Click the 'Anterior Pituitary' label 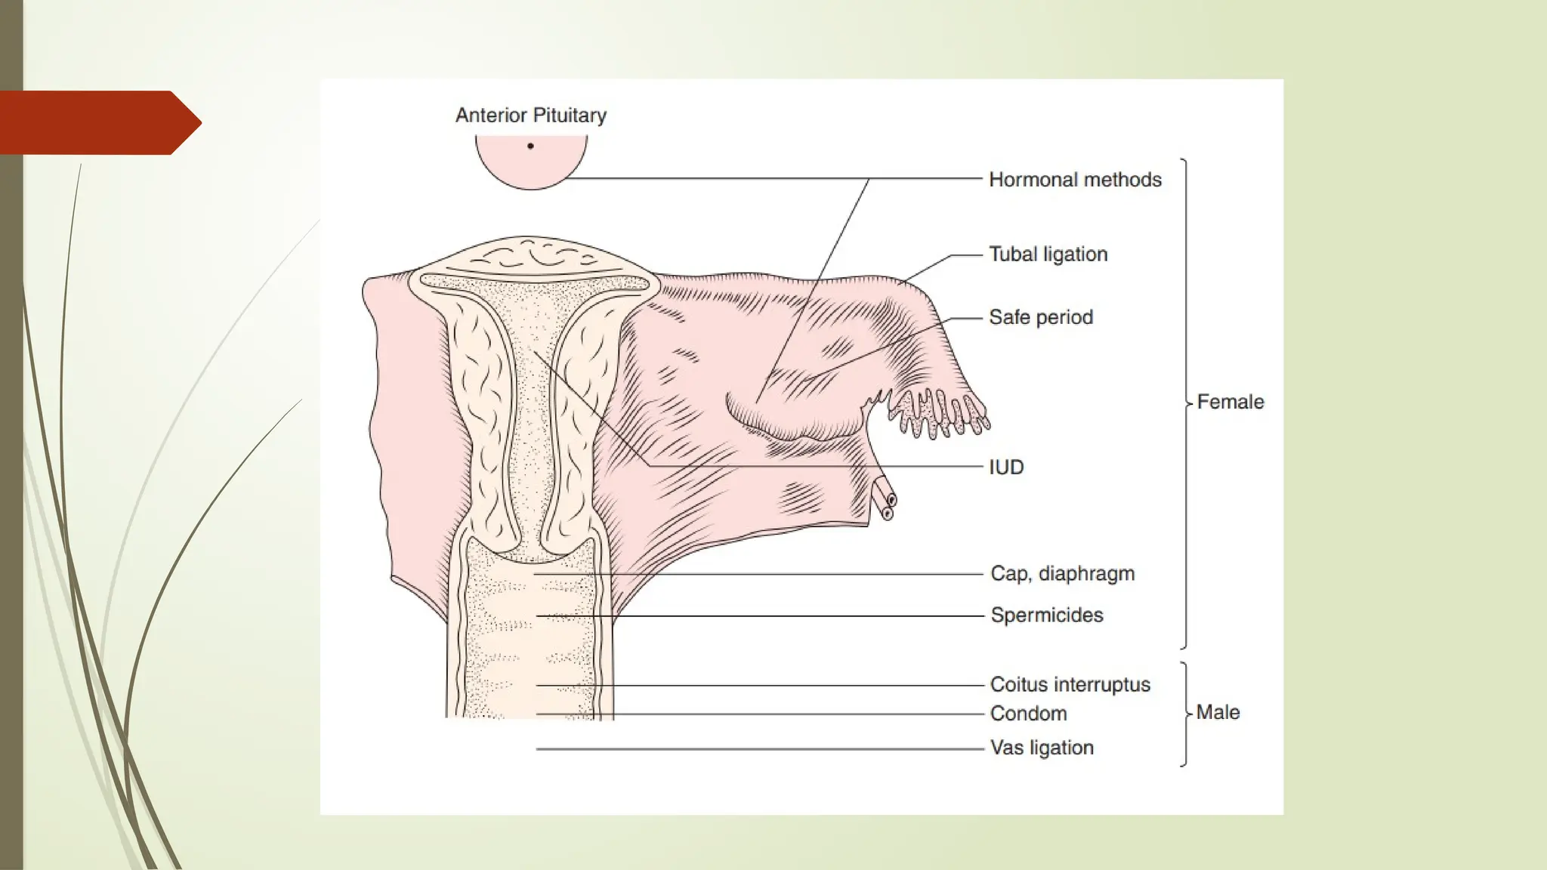click(x=530, y=116)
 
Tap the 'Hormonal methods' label click(x=1075, y=180)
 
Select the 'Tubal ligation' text click(x=1048, y=255)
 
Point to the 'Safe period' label click(x=1040, y=317)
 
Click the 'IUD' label click(x=1006, y=467)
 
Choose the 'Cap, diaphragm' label click(x=1062, y=574)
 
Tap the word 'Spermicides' click(x=1046, y=615)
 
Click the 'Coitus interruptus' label click(x=1070, y=685)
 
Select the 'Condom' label click(x=1028, y=714)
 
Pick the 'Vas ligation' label click(x=1042, y=748)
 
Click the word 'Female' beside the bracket click(x=1230, y=402)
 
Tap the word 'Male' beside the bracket click(x=1218, y=713)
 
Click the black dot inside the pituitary click(x=530, y=146)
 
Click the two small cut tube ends click(x=885, y=501)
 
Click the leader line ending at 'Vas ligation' click(x=755, y=749)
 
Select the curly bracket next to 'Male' click(x=1184, y=714)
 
